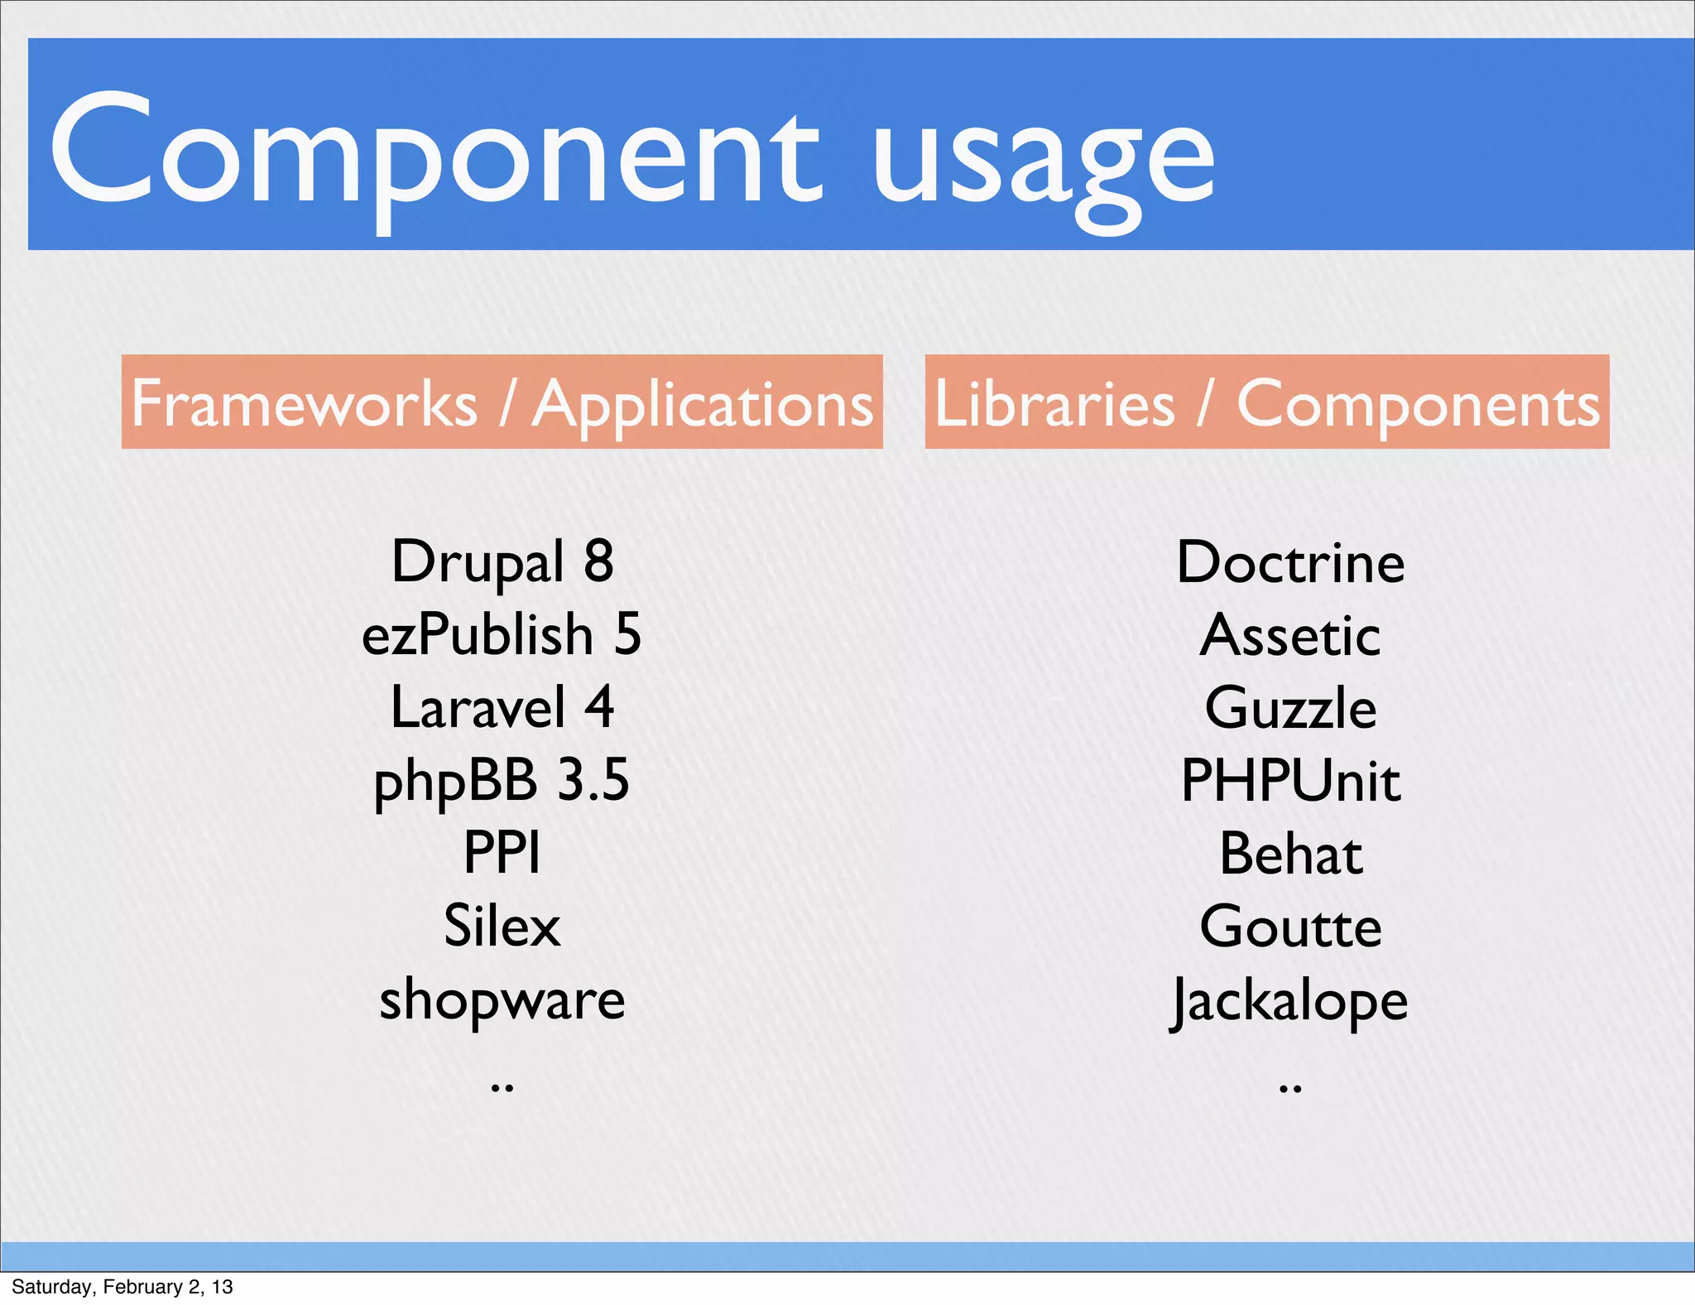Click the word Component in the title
click(x=435, y=153)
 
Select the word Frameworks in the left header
click(x=305, y=403)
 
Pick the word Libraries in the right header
click(x=1054, y=403)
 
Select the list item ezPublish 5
click(x=502, y=635)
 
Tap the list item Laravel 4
click(x=502, y=708)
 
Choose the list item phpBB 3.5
click(x=502, y=781)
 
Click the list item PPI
click(x=502, y=852)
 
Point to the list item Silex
click(x=502, y=926)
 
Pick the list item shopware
click(x=502, y=999)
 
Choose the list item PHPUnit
click(x=1290, y=781)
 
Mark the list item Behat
click(x=1290, y=854)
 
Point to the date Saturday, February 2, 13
click(x=122, y=1287)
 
